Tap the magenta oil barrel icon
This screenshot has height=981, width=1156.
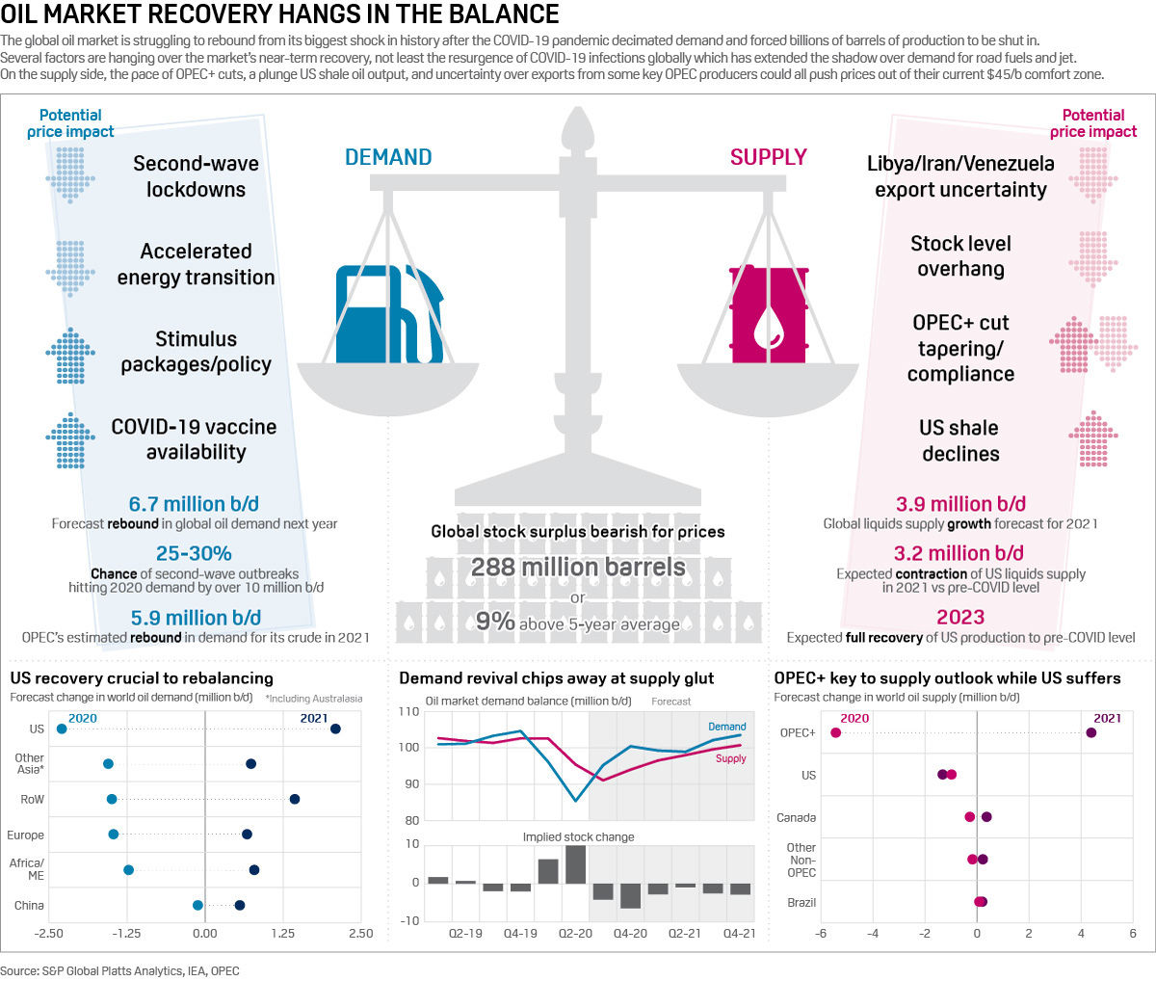point(768,314)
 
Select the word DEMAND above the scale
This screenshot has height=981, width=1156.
point(388,157)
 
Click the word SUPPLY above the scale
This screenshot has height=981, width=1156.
point(768,157)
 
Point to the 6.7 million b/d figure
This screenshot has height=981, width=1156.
point(194,504)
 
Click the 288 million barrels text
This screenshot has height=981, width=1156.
point(578,567)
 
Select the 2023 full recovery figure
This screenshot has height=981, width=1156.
point(960,617)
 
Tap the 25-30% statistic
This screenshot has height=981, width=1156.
point(194,553)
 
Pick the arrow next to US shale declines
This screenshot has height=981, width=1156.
point(1092,439)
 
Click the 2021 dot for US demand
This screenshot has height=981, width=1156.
point(335,729)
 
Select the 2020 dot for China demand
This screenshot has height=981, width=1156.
point(197,905)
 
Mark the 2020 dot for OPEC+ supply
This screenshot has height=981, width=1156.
point(835,733)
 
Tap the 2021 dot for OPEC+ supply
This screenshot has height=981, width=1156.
point(1091,733)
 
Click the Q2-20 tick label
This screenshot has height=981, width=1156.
point(575,934)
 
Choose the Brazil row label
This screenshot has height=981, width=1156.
point(801,903)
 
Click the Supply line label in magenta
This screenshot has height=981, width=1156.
point(730,758)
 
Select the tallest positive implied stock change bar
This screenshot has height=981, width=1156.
point(575,863)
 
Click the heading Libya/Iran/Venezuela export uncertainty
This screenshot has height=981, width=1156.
point(960,176)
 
